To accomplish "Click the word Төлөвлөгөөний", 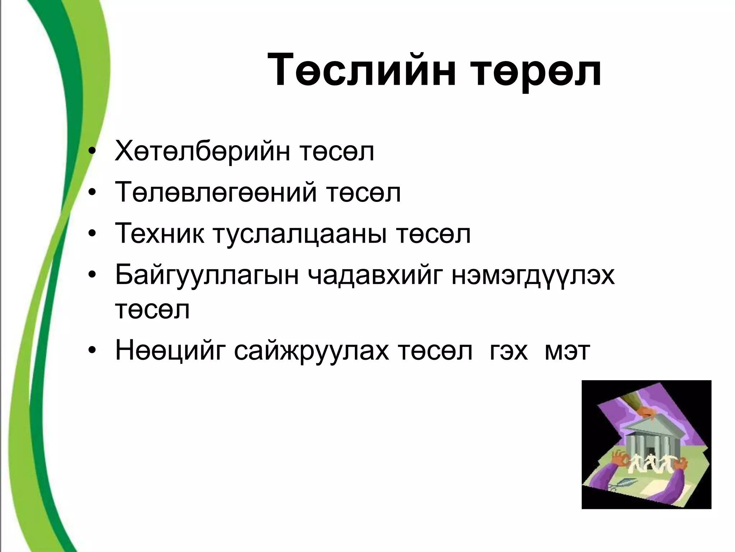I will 216,193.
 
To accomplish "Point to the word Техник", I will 159,234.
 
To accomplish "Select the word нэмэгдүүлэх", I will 533,276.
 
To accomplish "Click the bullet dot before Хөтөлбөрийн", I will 92,153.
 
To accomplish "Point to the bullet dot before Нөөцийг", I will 92,353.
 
